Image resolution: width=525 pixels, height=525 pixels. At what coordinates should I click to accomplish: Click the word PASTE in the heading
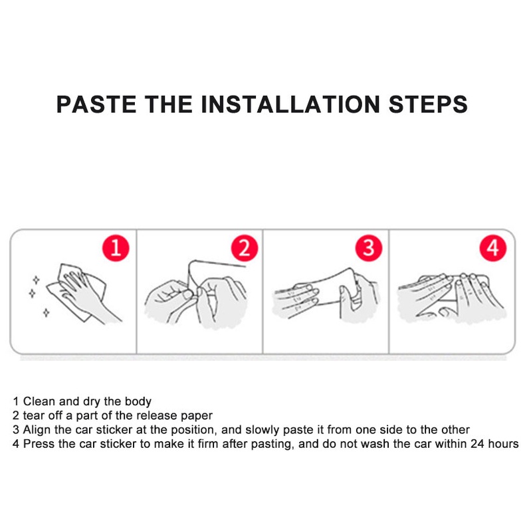(96, 104)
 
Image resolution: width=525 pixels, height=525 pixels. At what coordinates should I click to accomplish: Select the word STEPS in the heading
(428, 104)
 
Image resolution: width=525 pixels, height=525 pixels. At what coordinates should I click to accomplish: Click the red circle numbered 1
(116, 248)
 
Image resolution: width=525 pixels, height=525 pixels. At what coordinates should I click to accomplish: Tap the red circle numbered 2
(245, 248)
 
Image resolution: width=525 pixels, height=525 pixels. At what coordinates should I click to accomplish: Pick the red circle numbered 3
(369, 248)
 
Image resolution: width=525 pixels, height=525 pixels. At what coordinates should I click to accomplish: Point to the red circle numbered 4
(493, 248)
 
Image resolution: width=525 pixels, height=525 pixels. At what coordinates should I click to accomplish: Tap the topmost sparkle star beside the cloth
(36, 280)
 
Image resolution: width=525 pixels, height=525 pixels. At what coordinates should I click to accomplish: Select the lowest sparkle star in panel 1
(47, 313)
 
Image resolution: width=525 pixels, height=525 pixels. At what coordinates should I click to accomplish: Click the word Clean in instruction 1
(39, 401)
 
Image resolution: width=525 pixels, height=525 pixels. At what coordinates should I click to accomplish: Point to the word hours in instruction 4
(503, 444)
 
